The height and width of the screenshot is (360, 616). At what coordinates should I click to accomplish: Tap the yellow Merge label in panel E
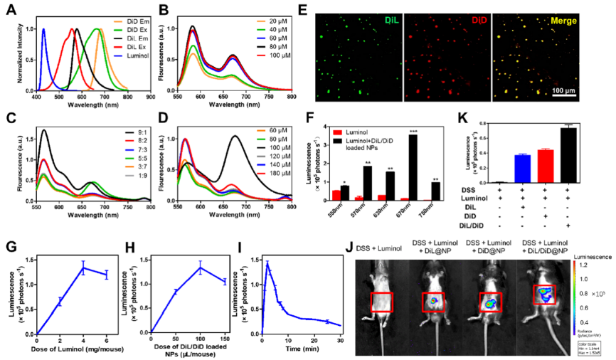tap(565, 21)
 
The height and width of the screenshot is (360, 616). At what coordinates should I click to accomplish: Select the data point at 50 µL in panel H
tap(175, 290)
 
